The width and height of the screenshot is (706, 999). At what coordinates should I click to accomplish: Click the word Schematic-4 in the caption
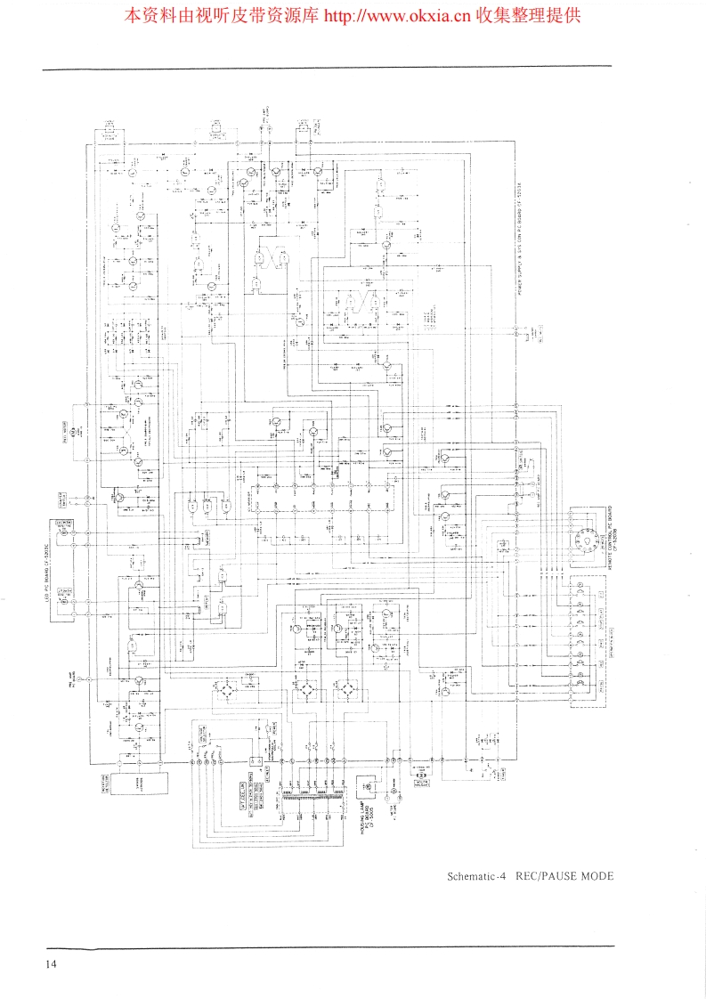(x=476, y=875)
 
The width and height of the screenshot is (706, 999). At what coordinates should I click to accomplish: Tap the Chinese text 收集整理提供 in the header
(x=528, y=15)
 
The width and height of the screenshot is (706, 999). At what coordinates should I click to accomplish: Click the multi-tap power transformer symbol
(x=307, y=793)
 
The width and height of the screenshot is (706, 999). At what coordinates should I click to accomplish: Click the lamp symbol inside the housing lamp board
(x=369, y=787)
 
